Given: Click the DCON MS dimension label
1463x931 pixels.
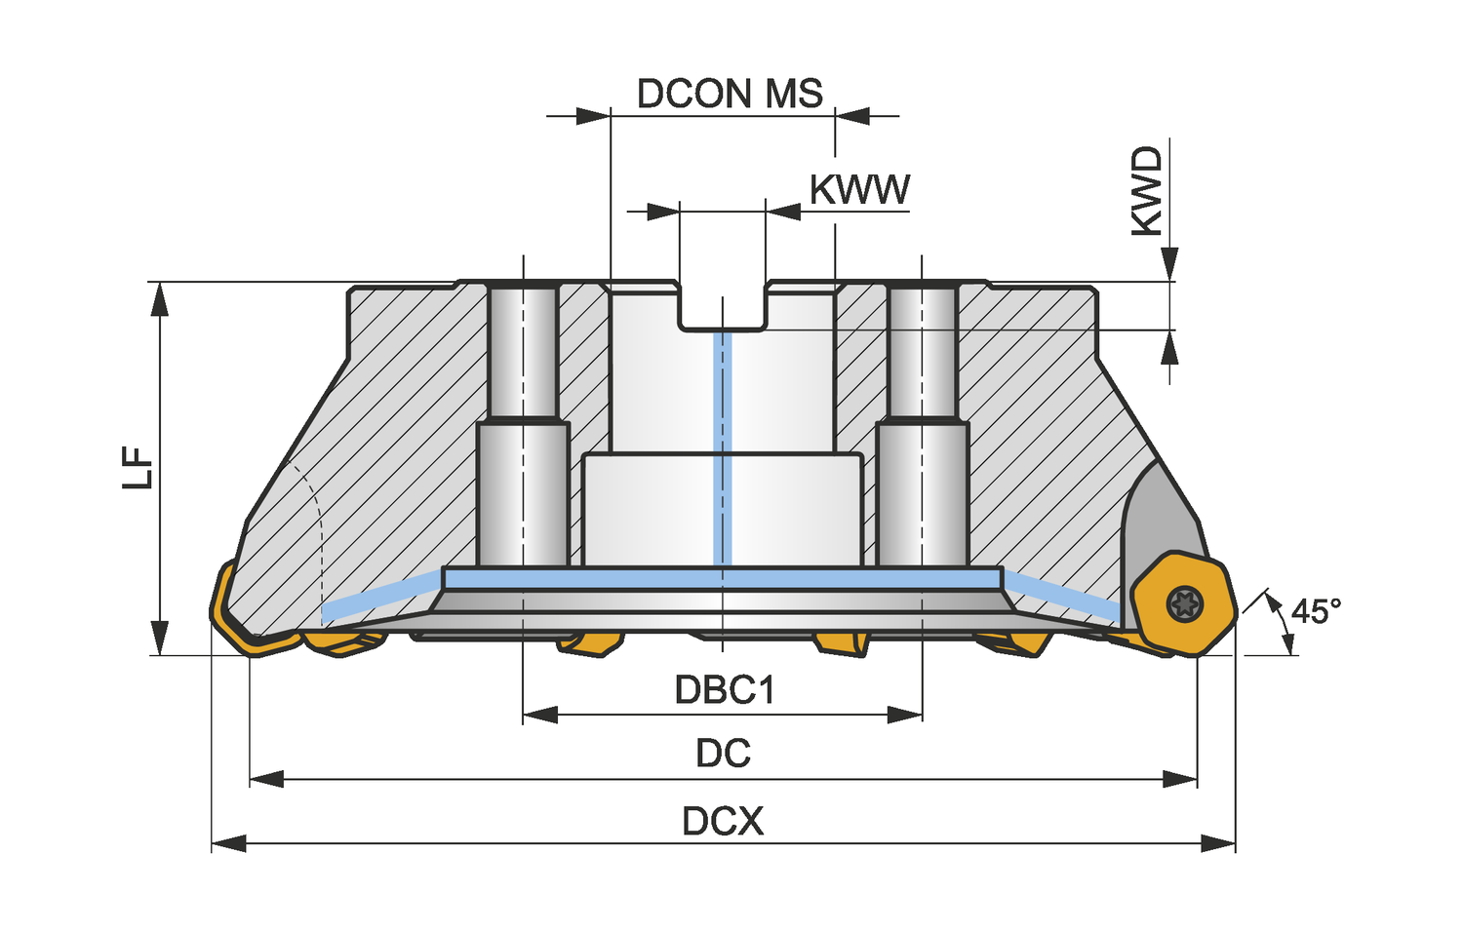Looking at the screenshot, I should tap(730, 94).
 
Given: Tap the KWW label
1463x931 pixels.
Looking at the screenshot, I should tap(859, 190).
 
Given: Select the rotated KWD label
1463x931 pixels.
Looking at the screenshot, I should tap(1147, 191).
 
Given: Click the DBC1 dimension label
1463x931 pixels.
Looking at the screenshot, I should tap(725, 690).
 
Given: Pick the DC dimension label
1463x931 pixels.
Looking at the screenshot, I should tap(724, 754).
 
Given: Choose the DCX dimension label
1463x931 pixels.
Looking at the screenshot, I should tap(723, 822).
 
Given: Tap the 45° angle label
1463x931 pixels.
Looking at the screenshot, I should tap(1316, 611).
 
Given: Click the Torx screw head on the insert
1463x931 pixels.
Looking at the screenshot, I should tap(1184, 604).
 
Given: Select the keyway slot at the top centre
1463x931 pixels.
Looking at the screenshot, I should tap(723, 307).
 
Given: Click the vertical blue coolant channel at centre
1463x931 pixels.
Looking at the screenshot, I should tap(723, 448).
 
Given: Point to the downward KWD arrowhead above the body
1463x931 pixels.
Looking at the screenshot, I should tap(1169, 264).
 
